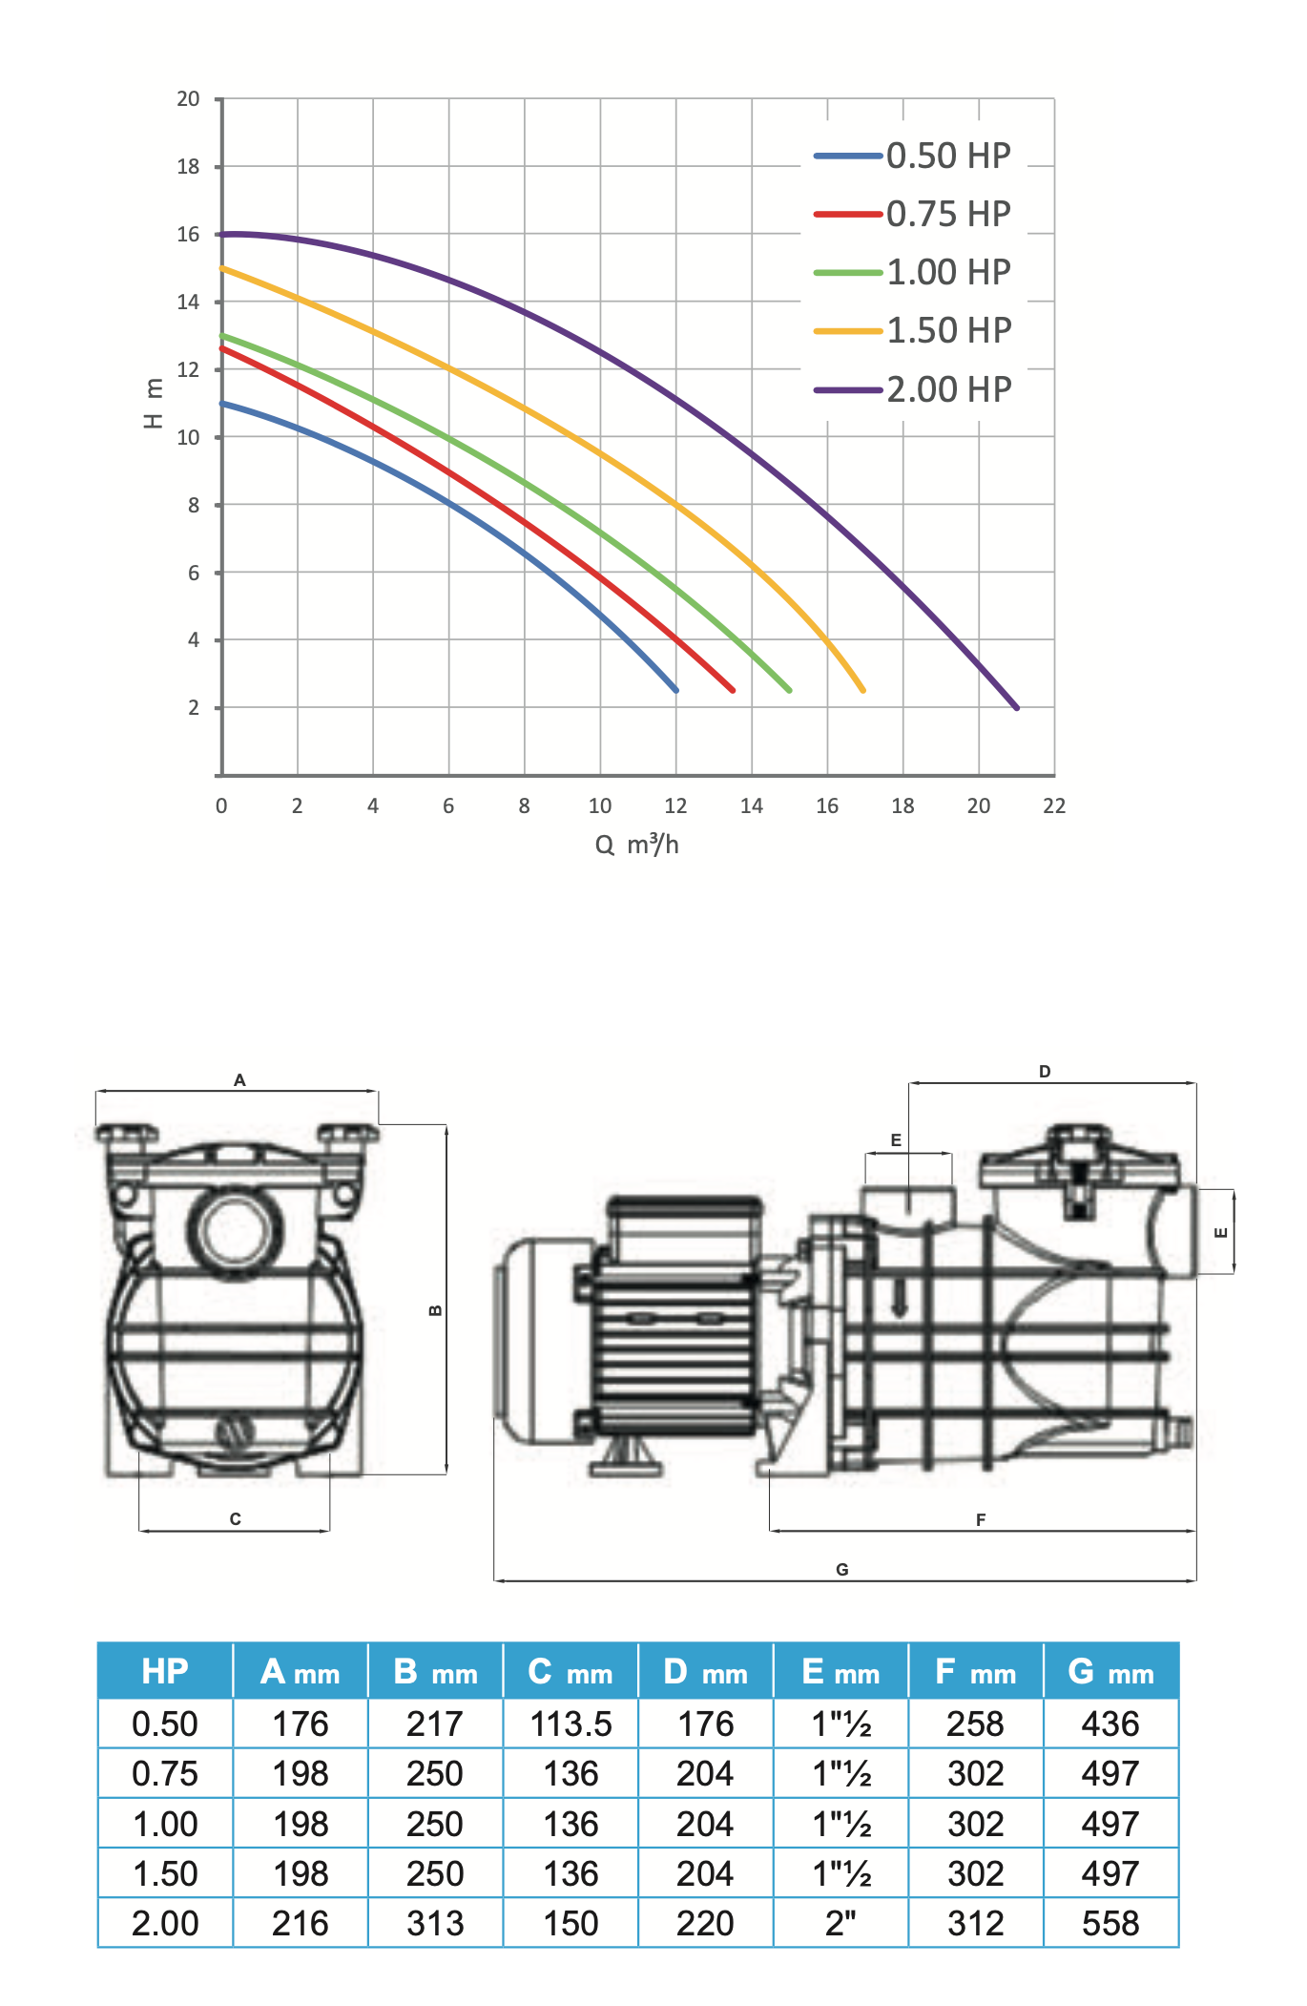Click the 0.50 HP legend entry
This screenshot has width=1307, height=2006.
[913, 156]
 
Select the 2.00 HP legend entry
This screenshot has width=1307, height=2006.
[913, 389]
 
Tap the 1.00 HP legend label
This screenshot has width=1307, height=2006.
[949, 272]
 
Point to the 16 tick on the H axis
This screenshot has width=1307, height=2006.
[189, 235]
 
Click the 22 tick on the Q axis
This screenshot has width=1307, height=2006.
[1054, 805]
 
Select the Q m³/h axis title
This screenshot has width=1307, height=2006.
[637, 844]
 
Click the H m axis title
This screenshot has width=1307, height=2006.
[153, 404]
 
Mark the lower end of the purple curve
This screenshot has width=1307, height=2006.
[1017, 708]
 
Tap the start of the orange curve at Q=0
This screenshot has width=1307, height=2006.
[222, 268]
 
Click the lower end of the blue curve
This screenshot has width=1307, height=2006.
[676, 690]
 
